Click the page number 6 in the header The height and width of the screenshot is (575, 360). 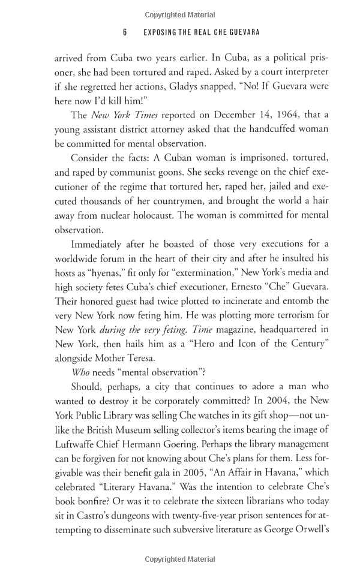(x=125, y=32)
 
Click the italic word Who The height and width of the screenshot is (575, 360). (x=80, y=374)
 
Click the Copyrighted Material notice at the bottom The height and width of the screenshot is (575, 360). (x=180, y=559)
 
